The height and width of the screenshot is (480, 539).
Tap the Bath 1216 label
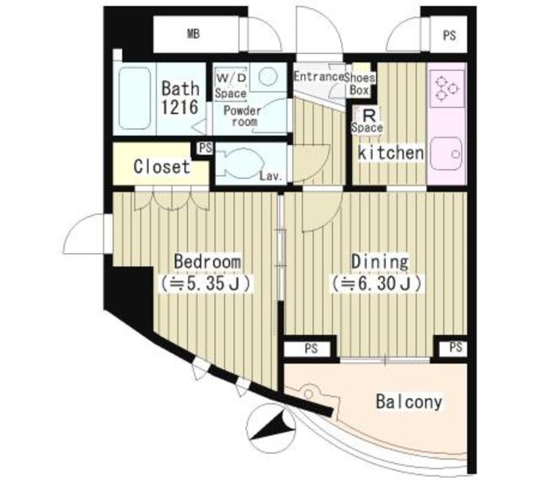tap(180, 97)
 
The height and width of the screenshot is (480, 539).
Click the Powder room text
tap(243, 116)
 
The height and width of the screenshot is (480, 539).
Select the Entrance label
tap(318, 77)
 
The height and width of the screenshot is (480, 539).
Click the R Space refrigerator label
tap(368, 121)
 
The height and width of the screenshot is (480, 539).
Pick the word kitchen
tap(390, 153)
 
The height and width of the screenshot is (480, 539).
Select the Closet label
tap(162, 167)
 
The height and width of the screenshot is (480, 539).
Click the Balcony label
tap(408, 402)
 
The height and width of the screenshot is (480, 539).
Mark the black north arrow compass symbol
tap(269, 426)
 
